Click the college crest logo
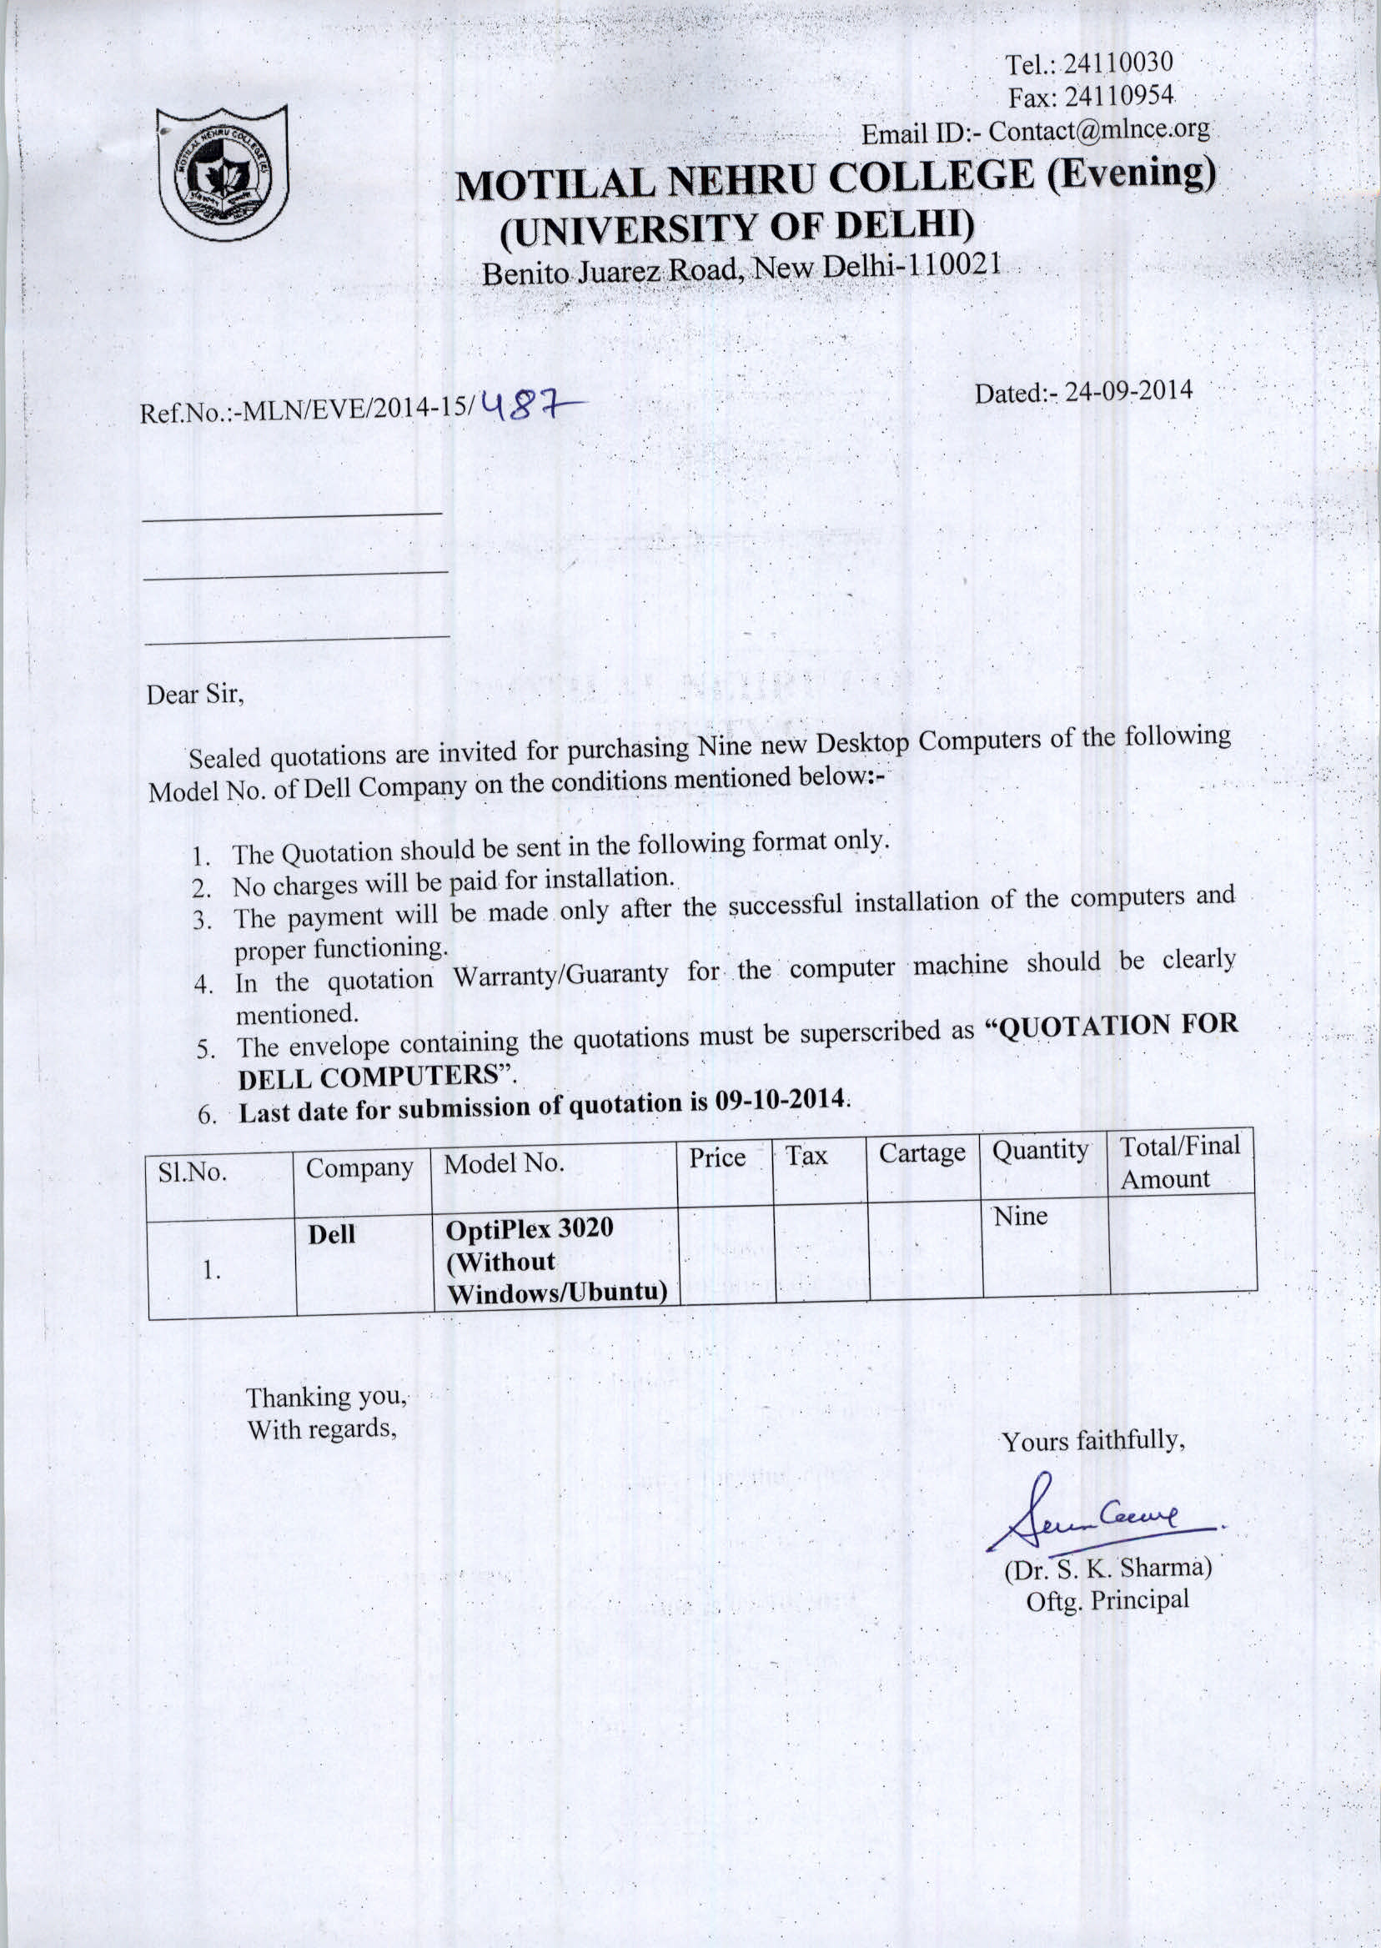click(x=223, y=173)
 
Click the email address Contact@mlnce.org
click(x=1098, y=130)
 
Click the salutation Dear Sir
click(x=195, y=695)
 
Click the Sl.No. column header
click(x=193, y=1172)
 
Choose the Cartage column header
click(x=922, y=1153)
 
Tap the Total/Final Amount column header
click(x=1179, y=1162)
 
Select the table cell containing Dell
click(x=332, y=1234)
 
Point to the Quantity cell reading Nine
click(x=1021, y=1216)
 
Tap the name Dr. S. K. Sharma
click(x=1108, y=1567)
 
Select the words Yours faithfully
click(x=1092, y=1441)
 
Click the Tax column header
click(x=806, y=1156)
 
